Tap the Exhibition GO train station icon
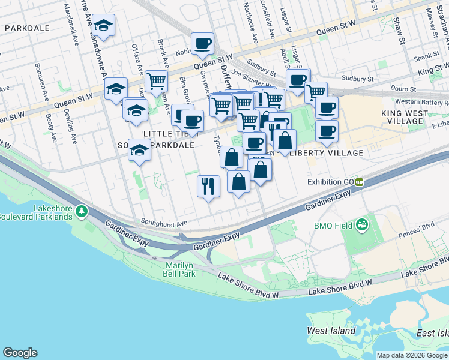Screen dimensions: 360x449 (360, 182)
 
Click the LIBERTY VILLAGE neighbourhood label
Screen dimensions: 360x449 (327, 153)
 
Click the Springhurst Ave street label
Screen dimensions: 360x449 (164, 223)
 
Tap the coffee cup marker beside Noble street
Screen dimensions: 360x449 (202, 43)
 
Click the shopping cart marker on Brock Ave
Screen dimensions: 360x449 (156, 80)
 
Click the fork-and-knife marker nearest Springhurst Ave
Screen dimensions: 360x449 (208, 185)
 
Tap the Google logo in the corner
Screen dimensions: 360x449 (20, 353)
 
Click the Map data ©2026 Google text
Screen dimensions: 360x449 (412, 355)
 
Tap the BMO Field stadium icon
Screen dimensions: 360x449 (362, 225)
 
